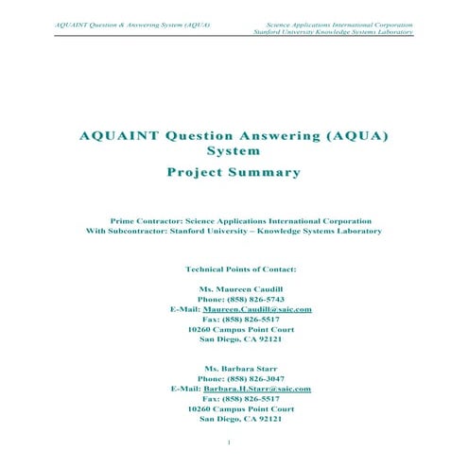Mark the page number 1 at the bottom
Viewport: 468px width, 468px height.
(x=231, y=442)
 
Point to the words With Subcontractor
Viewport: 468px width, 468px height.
(x=125, y=231)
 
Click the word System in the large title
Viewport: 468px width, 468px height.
(x=232, y=150)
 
